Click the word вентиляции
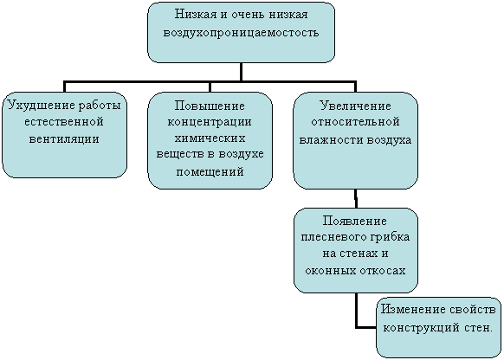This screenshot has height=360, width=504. click(x=64, y=139)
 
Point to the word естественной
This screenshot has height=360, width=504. click(x=64, y=122)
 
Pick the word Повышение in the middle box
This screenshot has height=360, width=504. click(x=210, y=106)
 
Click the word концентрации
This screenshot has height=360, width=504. click(x=210, y=122)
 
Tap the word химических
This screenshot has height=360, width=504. click(x=210, y=138)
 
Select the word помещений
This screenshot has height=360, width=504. click(x=210, y=172)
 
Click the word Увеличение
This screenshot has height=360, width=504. click(x=356, y=106)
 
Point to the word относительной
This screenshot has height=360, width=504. click(x=356, y=122)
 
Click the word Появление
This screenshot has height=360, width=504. click(x=355, y=221)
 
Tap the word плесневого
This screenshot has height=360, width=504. click(x=333, y=237)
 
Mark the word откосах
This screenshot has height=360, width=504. click(x=383, y=271)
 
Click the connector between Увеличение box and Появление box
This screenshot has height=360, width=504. click(x=356, y=199)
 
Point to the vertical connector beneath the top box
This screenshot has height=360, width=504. click(x=241, y=72)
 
